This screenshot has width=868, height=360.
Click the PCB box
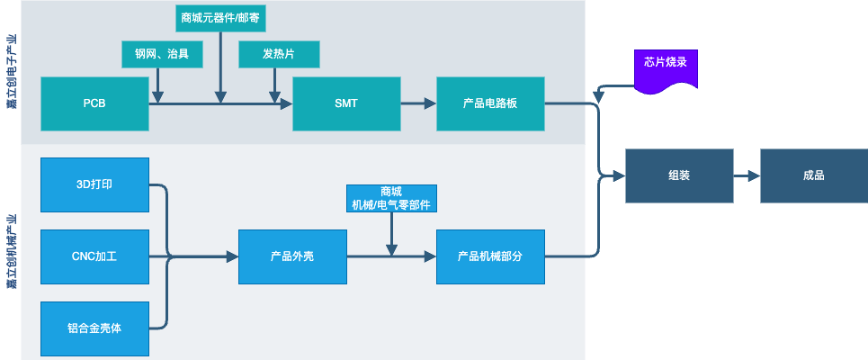click(x=94, y=103)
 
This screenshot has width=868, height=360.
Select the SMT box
click(x=346, y=103)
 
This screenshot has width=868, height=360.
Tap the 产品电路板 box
click(x=490, y=103)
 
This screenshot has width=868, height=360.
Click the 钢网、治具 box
click(x=162, y=55)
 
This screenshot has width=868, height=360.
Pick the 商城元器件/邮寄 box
click(x=220, y=17)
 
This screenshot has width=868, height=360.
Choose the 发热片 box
click(x=279, y=55)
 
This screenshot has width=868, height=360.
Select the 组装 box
click(x=679, y=175)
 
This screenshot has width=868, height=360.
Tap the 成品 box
click(x=814, y=175)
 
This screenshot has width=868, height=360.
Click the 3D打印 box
click(x=94, y=184)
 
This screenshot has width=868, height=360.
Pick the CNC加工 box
click(x=94, y=256)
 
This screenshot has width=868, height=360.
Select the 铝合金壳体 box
click(x=94, y=328)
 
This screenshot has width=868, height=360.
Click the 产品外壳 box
click(x=292, y=256)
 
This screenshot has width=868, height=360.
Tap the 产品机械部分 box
click(x=490, y=256)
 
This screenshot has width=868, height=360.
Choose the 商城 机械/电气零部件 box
click(x=391, y=199)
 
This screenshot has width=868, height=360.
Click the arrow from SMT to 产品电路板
click(x=418, y=103)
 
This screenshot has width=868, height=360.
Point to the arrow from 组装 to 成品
click(x=747, y=175)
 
